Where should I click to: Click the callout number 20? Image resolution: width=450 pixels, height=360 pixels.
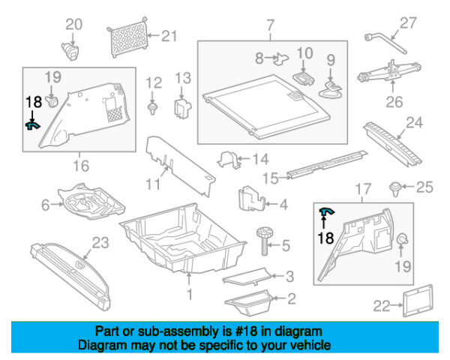(x=73, y=25)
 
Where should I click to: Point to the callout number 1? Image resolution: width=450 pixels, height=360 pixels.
(x=190, y=295)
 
